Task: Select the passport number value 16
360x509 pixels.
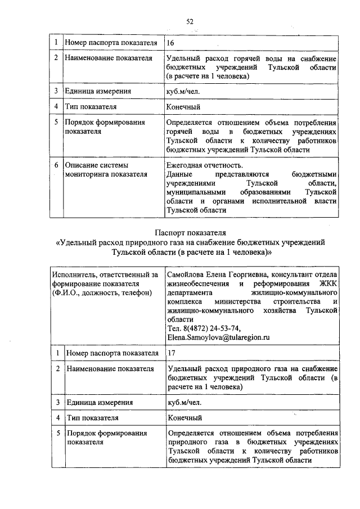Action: [x=171, y=43]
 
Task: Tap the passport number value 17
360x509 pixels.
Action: [x=172, y=353]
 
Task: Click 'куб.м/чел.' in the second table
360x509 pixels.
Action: [x=184, y=402]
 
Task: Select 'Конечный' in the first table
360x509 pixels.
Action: [x=183, y=106]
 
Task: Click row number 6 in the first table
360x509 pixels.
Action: [x=56, y=165]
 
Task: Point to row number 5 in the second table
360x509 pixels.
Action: [x=57, y=434]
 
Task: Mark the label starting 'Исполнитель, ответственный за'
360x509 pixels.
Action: [x=105, y=274]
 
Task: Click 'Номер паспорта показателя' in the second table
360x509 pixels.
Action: [x=112, y=353]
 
